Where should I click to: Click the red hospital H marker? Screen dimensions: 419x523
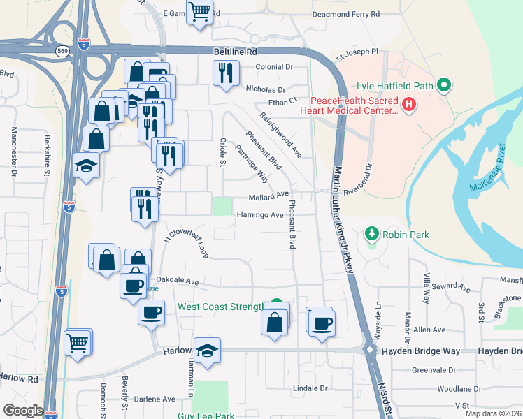click(x=409, y=105)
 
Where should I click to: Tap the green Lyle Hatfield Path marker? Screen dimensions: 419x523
click(x=443, y=87)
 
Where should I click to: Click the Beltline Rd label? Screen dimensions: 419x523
click(x=236, y=52)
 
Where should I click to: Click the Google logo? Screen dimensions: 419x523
click(x=23, y=411)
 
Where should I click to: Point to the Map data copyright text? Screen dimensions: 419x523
click(x=493, y=413)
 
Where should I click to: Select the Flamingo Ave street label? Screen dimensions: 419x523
click(x=259, y=215)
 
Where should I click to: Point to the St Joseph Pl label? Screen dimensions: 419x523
click(x=357, y=52)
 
